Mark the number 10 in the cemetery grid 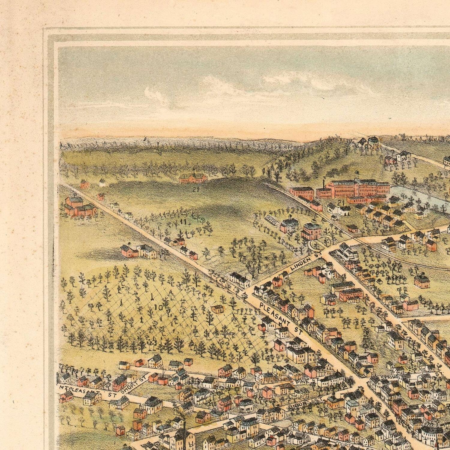point(158,307)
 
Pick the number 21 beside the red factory point(340,204)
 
